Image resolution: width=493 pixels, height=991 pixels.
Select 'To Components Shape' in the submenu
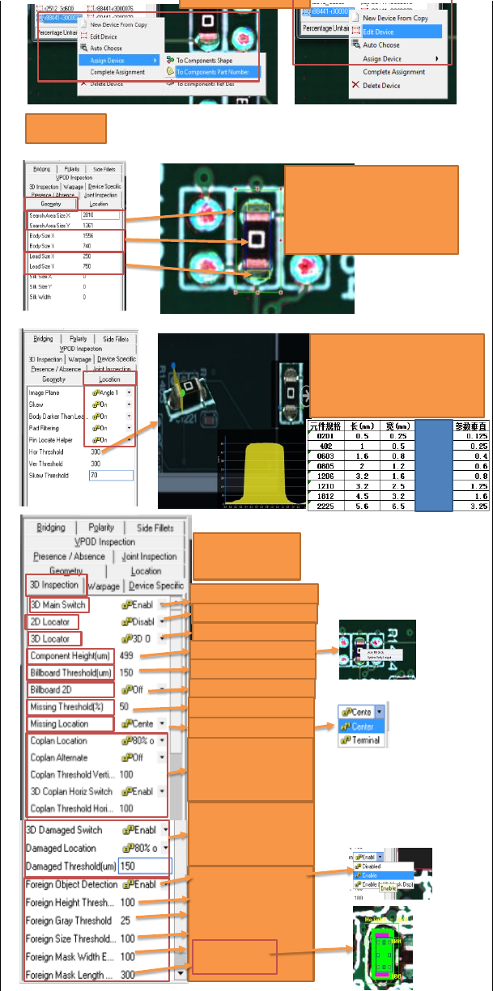204,60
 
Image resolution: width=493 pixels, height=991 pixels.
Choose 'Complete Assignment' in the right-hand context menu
393,72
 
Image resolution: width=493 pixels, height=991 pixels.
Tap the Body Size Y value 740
88,245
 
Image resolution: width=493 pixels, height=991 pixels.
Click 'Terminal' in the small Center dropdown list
366,740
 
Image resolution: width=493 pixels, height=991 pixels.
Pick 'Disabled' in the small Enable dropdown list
372,866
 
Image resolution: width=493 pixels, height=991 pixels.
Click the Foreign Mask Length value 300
129,975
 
